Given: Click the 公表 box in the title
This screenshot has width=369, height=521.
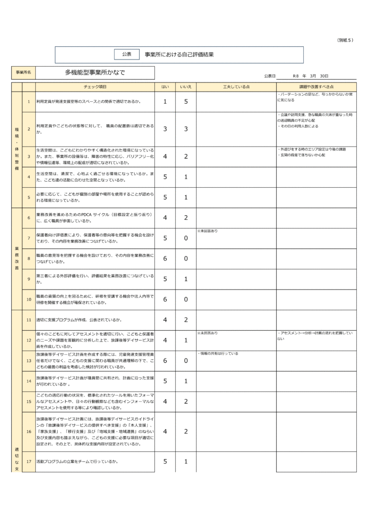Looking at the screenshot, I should coord(127,54).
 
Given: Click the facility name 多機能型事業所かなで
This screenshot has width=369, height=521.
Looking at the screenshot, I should coord(95,73).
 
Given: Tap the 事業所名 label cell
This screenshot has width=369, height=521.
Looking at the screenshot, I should coord(23,73).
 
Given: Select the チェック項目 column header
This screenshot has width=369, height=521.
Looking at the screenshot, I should coord(95,87).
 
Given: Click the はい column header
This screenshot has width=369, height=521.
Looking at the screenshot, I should coord(165,87).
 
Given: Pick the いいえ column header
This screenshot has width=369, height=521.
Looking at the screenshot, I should coord(186,87).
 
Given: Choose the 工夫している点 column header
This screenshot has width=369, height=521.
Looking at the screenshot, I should coord(236,87).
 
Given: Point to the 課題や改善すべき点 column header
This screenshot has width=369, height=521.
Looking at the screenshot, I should coord(316,87).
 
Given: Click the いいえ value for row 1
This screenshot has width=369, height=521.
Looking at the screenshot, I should coord(186,102).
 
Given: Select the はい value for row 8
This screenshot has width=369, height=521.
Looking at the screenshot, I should coord(165,258).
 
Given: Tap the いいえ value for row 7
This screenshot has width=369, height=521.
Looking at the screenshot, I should coord(186,238).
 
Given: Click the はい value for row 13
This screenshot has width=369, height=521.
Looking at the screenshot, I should coord(165,361).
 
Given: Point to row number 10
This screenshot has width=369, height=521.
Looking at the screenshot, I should coord(29,299).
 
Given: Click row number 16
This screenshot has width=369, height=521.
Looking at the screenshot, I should coord(29,431).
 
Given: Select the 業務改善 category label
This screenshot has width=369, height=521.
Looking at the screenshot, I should coord(17,258).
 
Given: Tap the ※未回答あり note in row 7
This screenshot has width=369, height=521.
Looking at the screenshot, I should coord(207,231).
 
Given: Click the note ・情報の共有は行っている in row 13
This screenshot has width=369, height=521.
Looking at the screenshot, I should coord(218,353).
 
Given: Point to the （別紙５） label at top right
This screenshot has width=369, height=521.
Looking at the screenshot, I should coord(345,40).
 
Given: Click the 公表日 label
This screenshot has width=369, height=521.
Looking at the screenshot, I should coord(270,75).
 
